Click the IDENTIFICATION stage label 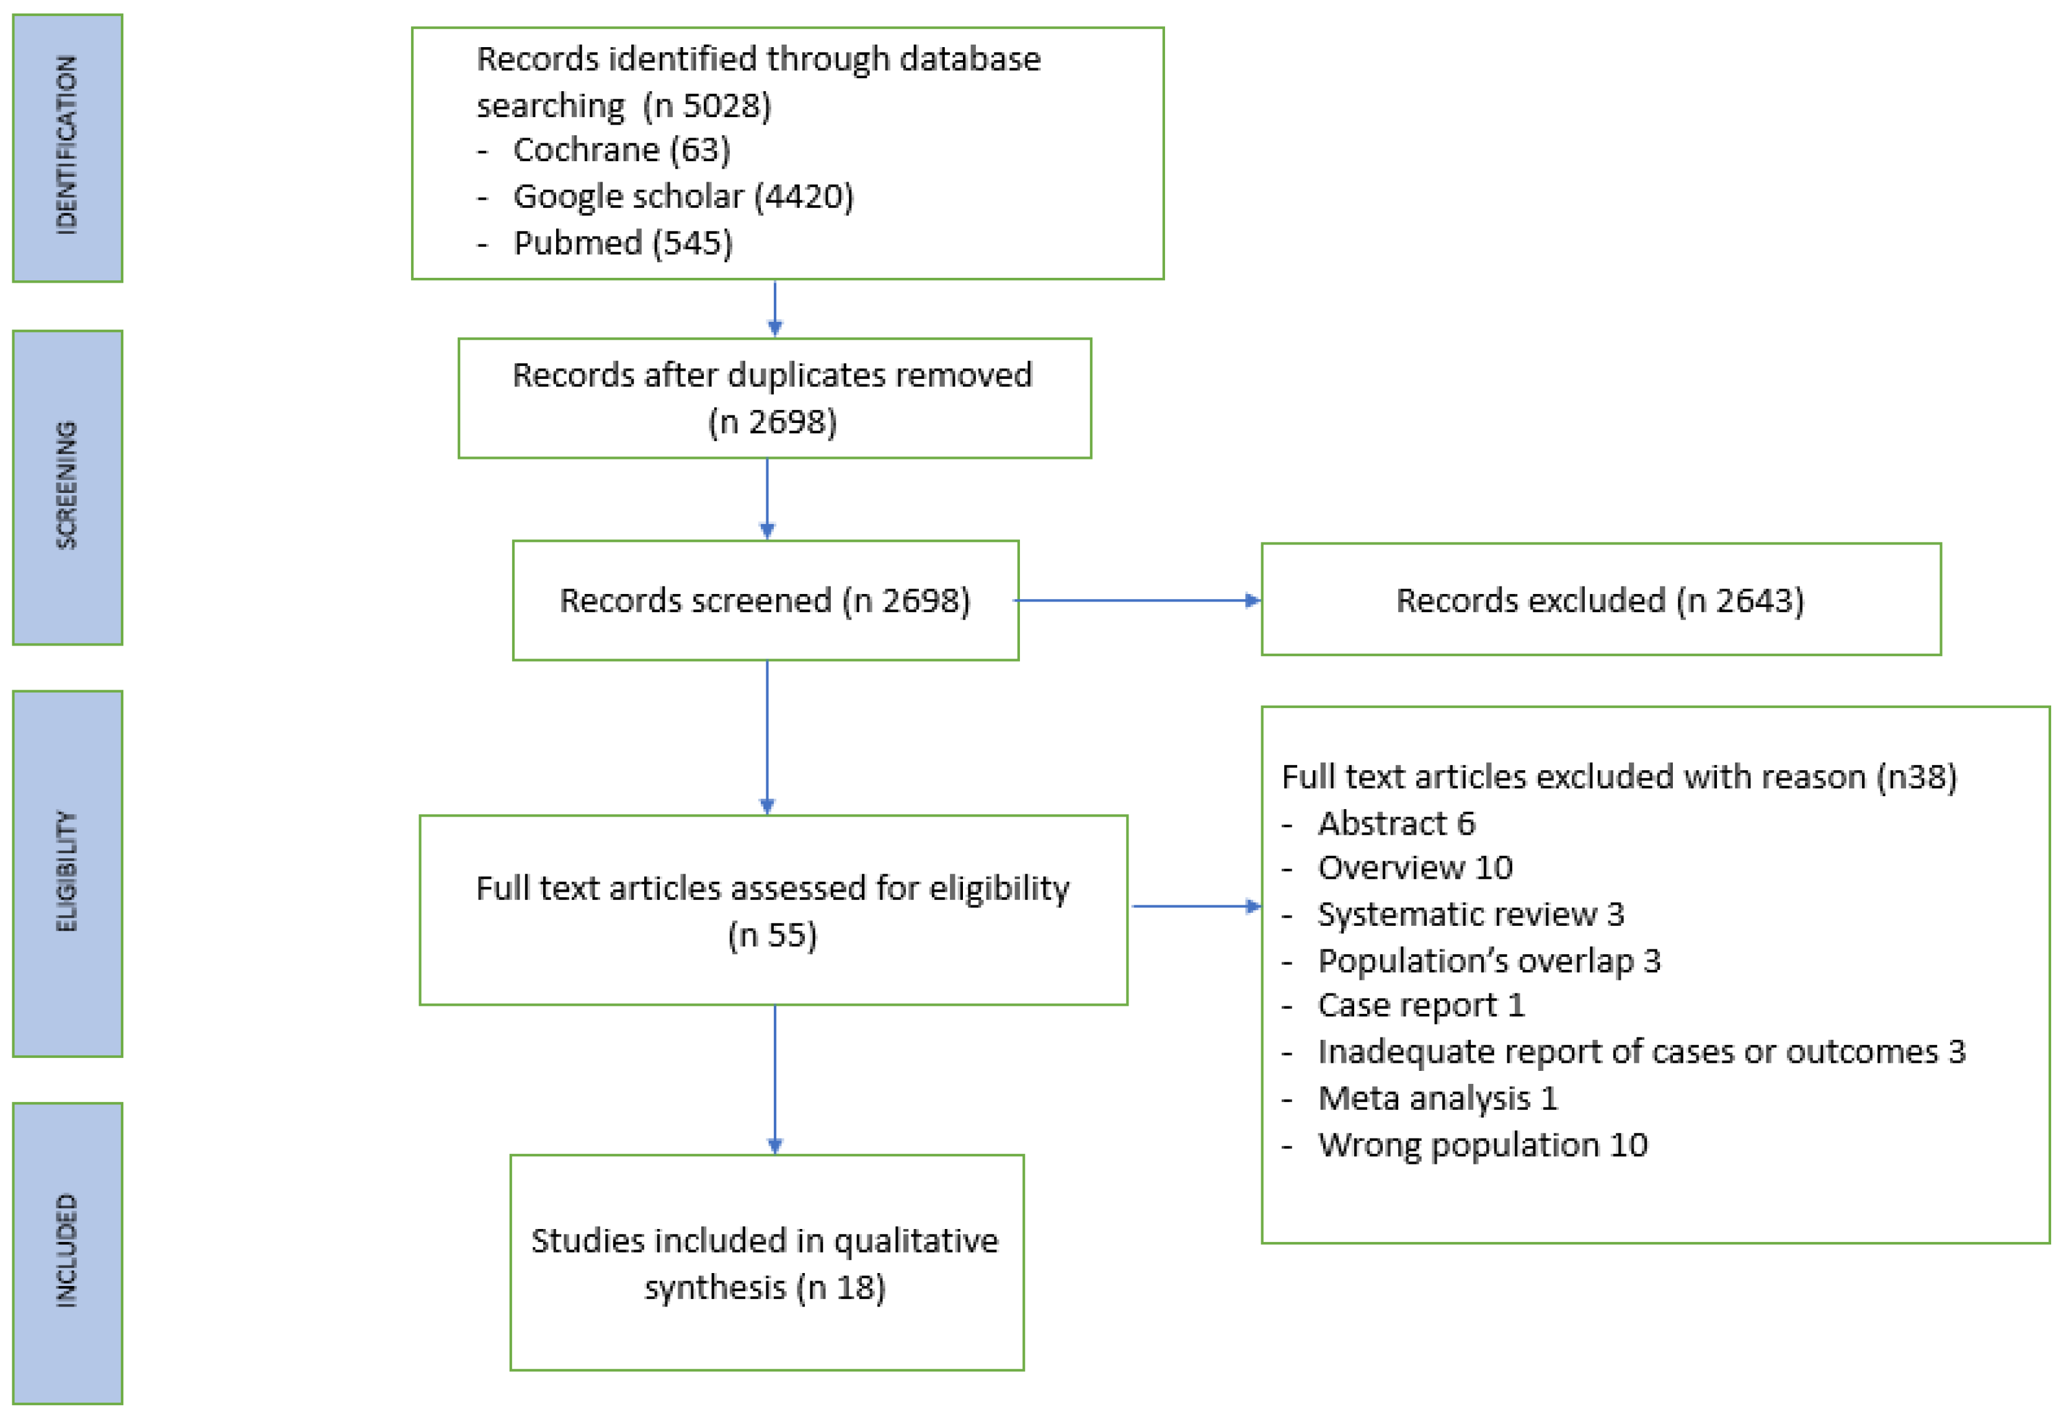click(x=67, y=147)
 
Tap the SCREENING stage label click(x=67, y=487)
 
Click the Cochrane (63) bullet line click(x=621, y=149)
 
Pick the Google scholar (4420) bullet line click(x=683, y=196)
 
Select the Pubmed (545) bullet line click(x=623, y=242)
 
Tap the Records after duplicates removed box click(x=773, y=397)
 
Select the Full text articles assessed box click(x=773, y=910)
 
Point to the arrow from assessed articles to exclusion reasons click(x=1195, y=907)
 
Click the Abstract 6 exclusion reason click(x=1395, y=823)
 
